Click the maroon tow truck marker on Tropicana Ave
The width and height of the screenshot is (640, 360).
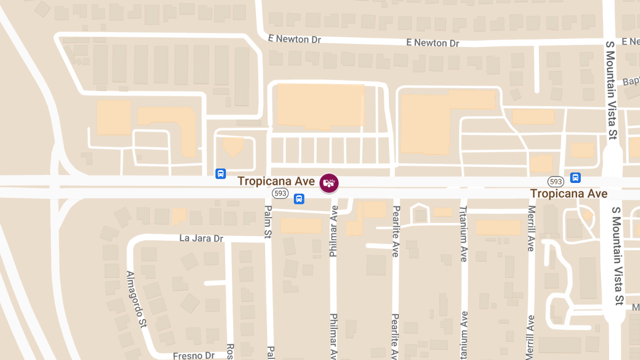coord(329,182)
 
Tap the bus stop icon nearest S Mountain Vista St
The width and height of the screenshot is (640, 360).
coord(575,178)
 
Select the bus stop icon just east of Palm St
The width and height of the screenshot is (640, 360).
coord(299,199)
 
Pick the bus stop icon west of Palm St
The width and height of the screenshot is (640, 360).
coord(220,173)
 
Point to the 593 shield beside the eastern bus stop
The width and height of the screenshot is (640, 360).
coord(556,181)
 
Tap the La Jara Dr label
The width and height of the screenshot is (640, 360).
coord(201,238)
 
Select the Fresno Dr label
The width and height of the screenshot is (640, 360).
coord(193,355)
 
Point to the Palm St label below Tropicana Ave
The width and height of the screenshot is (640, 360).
coord(268,222)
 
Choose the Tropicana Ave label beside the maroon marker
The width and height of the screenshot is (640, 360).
coord(276,181)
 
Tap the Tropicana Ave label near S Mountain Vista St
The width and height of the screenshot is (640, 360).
coord(569,194)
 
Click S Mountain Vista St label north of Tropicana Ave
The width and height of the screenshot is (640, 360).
coord(611,90)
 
